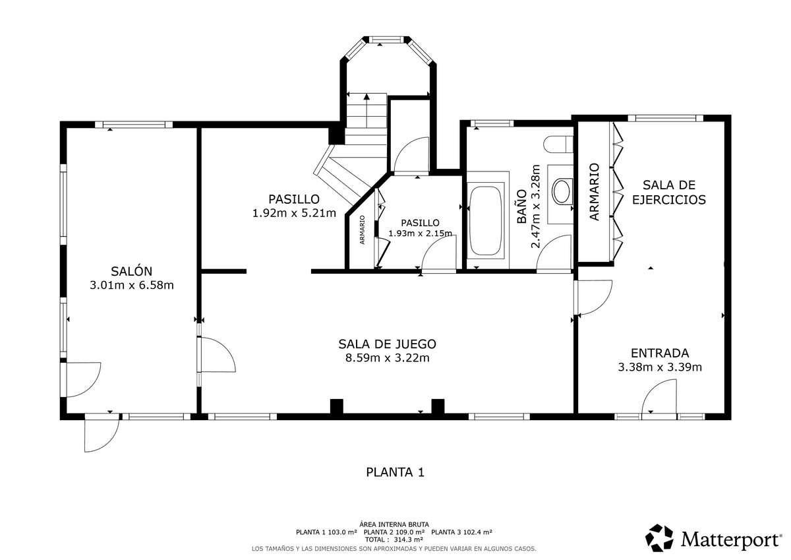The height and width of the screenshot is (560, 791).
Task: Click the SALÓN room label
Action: pyautogui.click(x=131, y=271)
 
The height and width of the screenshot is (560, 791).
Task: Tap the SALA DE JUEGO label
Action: pyautogui.click(x=387, y=344)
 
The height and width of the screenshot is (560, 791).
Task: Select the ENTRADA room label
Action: pyautogui.click(x=660, y=353)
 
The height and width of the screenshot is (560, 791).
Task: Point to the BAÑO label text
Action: pyautogui.click(x=521, y=206)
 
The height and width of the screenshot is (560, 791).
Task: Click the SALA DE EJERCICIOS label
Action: pyautogui.click(x=669, y=192)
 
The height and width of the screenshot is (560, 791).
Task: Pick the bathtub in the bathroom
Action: pyautogui.click(x=486, y=220)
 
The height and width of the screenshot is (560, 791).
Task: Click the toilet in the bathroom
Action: pyautogui.click(x=558, y=144)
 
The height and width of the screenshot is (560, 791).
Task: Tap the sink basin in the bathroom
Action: pyautogui.click(x=562, y=191)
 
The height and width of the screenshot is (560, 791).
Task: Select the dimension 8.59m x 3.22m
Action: pyautogui.click(x=387, y=358)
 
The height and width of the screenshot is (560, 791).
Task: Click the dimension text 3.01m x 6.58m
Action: pyautogui.click(x=131, y=285)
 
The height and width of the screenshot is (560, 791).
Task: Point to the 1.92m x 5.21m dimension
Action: pyautogui.click(x=294, y=213)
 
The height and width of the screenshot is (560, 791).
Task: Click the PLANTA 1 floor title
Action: pyautogui.click(x=395, y=472)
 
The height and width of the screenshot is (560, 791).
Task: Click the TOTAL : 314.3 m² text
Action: pyautogui.click(x=394, y=540)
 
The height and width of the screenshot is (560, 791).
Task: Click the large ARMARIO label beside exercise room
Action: pyautogui.click(x=595, y=192)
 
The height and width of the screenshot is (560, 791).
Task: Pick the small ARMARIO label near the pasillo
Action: pyautogui.click(x=363, y=230)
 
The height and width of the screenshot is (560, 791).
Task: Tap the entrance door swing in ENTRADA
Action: pyautogui.click(x=659, y=396)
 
